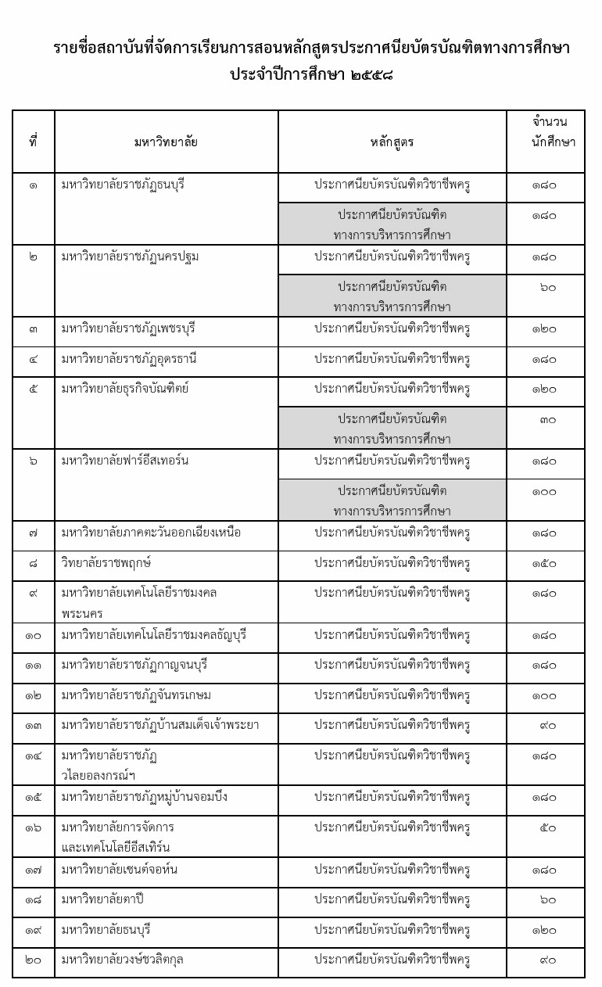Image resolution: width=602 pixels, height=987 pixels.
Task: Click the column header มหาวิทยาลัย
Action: coord(166,142)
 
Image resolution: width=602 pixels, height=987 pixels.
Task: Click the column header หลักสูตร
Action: coord(392,142)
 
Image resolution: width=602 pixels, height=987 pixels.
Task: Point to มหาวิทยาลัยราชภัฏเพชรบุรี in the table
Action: coord(128,328)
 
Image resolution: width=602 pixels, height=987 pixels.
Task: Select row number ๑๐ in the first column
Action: coord(34,635)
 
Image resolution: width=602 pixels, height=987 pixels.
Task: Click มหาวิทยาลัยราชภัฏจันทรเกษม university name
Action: coord(137,695)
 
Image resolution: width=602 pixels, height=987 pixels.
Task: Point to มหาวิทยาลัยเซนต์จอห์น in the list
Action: coord(119,870)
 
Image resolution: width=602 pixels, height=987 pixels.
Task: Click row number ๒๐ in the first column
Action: coord(34,960)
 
